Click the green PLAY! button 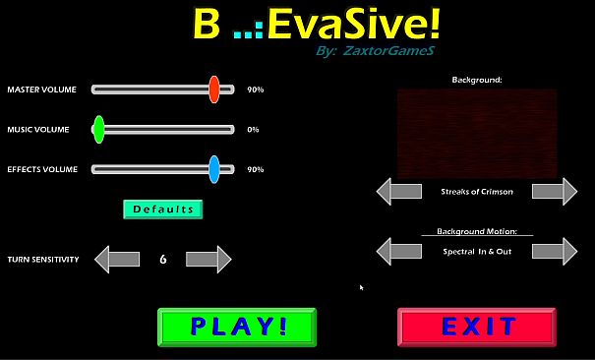click(x=237, y=327)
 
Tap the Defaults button click(x=162, y=209)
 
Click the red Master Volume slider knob click(x=213, y=90)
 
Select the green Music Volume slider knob click(x=98, y=129)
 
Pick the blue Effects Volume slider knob click(x=213, y=169)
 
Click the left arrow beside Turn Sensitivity click(x=116, y=260)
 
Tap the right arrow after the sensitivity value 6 click(x=208, y=260)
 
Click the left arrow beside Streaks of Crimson click(x=398, y=191)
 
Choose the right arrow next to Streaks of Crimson click(x=555, y=191)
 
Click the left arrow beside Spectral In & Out click(x=398, y=251)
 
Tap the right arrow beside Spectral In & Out click(x=555, y=251)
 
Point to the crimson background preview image click(x=477, y=133)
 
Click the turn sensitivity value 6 click(x=162, y=260)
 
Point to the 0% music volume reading click(x=253, y=130)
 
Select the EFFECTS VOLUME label click(x=42, y=169)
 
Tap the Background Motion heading click(x=477, y=232)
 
